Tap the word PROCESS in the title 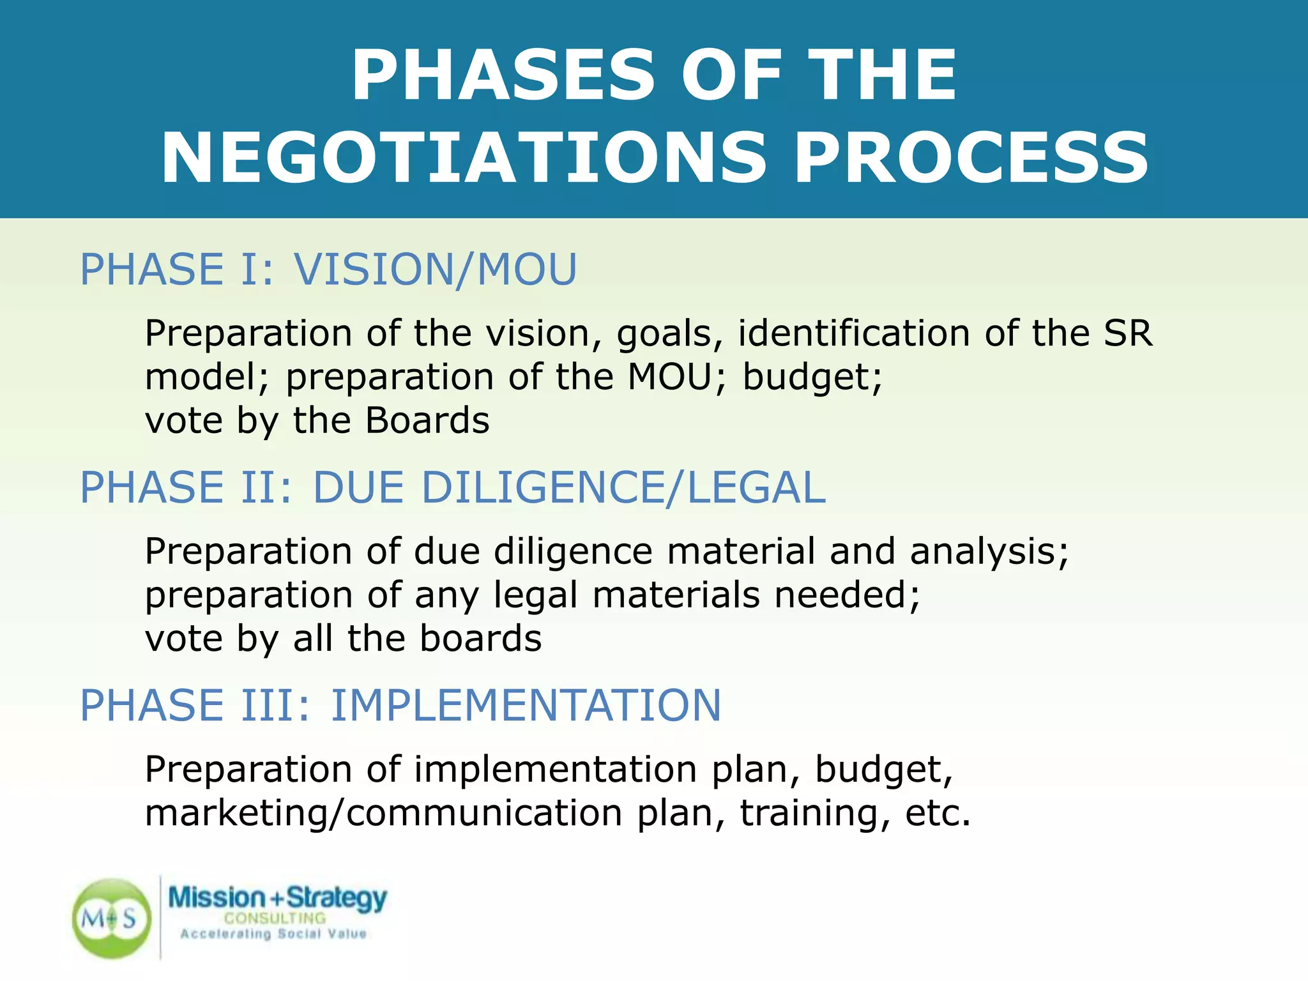click(x=971, y=158)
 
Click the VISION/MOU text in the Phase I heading click(x=436, y=270)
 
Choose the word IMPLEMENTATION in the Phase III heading click(x=526, y=706)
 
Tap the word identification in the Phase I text click(x=854, y=333)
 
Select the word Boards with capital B click(x=427, y=421)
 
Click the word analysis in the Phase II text click(x=989, y=552)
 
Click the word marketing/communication click(x=383, y=814)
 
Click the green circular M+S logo click(x=112, y=918)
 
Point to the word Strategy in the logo click(x=337, y=898)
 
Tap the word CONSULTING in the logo click(x=275, y=918)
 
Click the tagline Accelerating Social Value click(x=273, y=934)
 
